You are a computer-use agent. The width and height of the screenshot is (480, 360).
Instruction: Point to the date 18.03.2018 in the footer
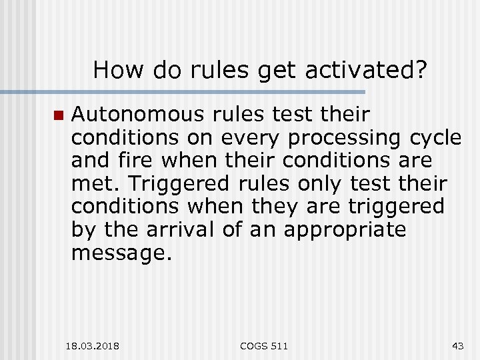(93, 346)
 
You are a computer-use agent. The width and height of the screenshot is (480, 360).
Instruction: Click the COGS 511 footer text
(265, 346)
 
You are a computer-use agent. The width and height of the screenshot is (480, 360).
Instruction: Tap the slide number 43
(457, 346)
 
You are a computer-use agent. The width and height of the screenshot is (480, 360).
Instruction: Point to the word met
(91, 184)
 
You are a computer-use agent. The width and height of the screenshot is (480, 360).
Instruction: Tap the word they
(276, 207)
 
